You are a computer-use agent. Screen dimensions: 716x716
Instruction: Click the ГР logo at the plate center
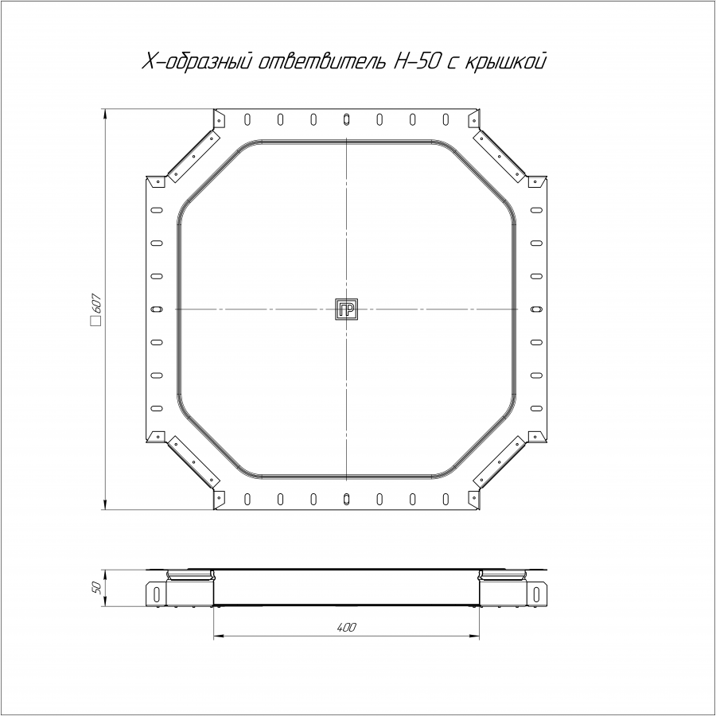click(x=347, y=309)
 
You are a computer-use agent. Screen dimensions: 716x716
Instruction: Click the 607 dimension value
click(x=96, y=303)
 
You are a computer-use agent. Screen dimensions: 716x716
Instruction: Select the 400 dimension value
click(x=347, y=628)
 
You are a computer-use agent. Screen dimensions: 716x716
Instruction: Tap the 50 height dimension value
click(x=96, y=588)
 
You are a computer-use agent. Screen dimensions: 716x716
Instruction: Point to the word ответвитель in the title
click(x=322, y=61)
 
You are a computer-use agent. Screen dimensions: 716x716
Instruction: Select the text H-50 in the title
click(x=414, y=61)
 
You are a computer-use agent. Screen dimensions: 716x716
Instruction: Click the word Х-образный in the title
click(x=198, y=61)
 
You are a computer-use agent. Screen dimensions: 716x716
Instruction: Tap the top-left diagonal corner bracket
click(x=194, y=156)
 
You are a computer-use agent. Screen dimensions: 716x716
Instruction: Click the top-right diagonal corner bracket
click(x=499, y=156)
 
